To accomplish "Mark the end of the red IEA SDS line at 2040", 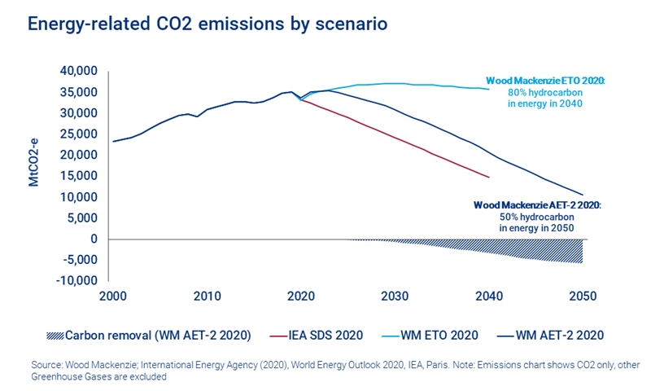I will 489,177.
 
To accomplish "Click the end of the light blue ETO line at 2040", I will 489,89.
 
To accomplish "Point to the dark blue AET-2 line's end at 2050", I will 583,194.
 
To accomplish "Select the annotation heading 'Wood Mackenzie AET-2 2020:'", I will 536,207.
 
